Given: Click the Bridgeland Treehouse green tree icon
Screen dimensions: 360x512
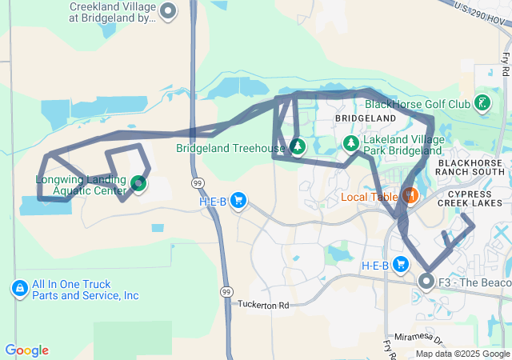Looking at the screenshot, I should pos(298,146).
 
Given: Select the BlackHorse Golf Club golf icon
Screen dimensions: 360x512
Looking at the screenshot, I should pos(482,102).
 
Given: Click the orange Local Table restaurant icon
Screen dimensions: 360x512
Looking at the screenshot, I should pos(410,195).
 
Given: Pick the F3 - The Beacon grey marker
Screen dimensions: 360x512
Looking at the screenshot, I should pos(426,282).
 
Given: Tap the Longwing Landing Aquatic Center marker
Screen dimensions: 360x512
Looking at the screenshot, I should pos(139,184).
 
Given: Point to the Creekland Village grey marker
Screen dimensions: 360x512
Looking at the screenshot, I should pos(168,11).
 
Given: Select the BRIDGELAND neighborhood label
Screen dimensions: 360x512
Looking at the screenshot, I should pos(366,118).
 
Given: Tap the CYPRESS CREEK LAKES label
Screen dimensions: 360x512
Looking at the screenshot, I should pos(474,198).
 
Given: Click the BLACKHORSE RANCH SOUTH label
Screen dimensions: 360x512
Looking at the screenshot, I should pos(471,167).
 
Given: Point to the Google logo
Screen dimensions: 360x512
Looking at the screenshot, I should pos(26,350).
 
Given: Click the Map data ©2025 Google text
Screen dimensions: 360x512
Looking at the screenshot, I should pos(462,354).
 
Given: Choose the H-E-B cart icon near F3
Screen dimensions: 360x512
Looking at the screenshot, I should pos(401,265).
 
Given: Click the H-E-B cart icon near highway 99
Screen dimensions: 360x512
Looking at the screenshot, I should pos(238,201).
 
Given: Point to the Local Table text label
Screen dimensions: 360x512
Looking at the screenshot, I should pos(369,197).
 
